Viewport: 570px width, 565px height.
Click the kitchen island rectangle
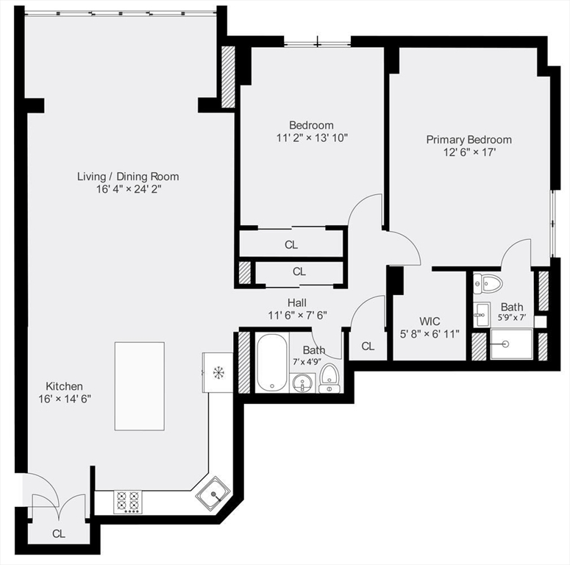(x=139, y=385)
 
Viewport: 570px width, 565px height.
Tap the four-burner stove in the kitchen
(x=127, y=502)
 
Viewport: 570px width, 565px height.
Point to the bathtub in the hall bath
(x=271, y=363)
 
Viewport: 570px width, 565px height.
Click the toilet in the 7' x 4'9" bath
(x=329, y=375)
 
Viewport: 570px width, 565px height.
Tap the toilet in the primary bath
(x=487, y=282)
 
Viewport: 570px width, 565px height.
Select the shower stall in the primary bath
(x=511, y=344)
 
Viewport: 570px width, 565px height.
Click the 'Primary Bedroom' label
(x=469, y=139)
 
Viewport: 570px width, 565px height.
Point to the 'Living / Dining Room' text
(x=128, y=176)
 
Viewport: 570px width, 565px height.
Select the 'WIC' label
(x=430, y=321)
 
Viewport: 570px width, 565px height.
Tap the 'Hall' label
(x=297, y=302)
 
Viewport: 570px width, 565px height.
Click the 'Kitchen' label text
(x=65, y=385)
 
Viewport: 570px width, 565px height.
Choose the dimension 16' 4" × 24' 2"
(x=128, y=189)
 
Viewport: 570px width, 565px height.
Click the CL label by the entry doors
(x=58, y=534)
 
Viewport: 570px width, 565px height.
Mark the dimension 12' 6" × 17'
(x=469, y=152)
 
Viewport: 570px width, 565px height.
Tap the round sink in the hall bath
(x=302, y=383)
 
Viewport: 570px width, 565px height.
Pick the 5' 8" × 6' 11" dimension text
(x=430, y=334)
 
